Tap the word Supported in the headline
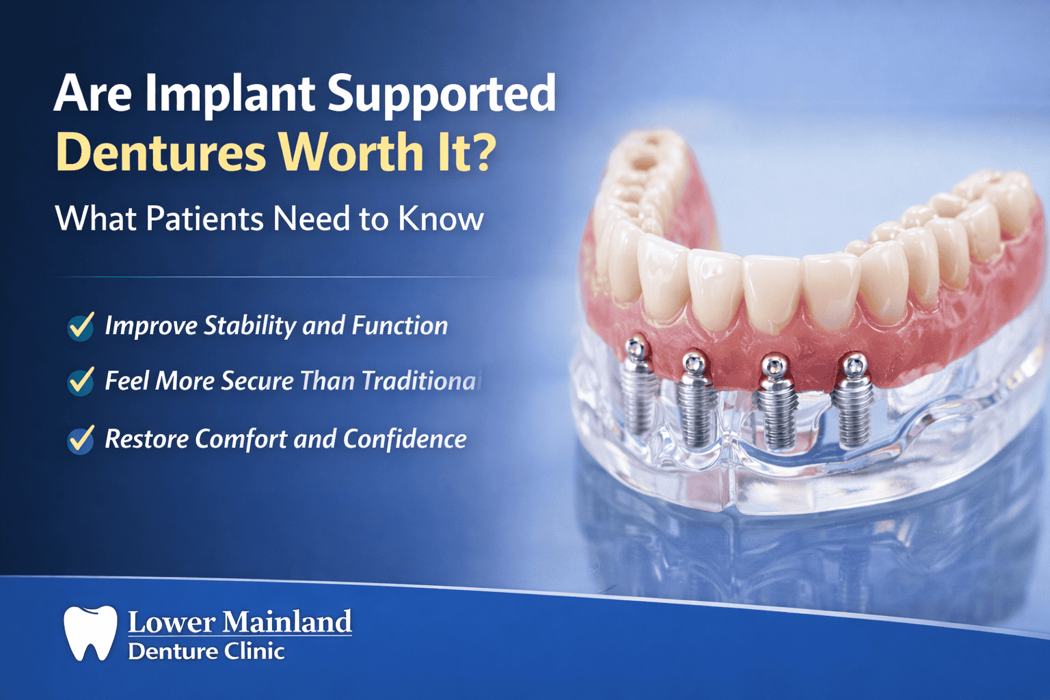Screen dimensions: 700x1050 441,94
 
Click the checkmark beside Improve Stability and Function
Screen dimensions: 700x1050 81,326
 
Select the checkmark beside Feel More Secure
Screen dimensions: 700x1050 81,381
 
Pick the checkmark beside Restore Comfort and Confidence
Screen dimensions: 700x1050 81,439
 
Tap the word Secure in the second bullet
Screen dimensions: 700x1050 257,381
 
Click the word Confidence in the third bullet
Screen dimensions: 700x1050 405,439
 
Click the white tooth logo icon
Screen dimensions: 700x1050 90,632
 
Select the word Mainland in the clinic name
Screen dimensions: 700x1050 287,622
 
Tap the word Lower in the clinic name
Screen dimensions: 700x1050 171,622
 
